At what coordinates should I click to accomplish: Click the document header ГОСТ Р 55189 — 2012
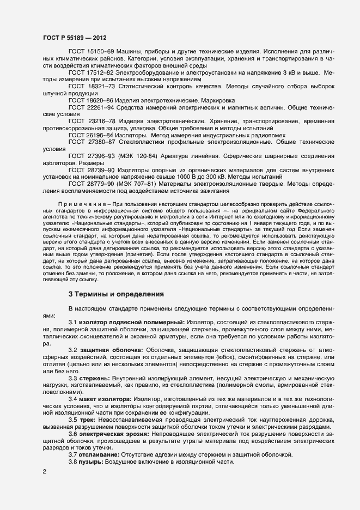74,38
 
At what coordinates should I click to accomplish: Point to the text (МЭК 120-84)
142,156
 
